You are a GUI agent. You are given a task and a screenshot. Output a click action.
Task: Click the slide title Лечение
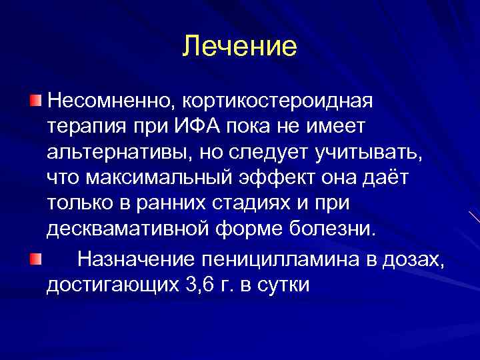(240, 47)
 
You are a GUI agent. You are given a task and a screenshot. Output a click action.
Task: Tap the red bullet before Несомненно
(36, 101)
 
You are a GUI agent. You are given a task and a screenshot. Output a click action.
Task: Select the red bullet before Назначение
(36, 257)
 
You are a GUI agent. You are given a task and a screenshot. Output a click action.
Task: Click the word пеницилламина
(275, 259)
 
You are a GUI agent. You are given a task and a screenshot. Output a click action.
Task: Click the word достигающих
(111, 285)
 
